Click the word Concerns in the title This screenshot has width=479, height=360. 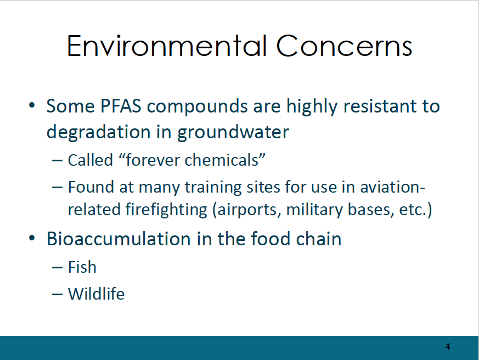click(x=344, y=46)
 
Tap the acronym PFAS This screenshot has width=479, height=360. click(x=121, y=106)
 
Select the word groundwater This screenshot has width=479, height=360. click(x=233, y=132)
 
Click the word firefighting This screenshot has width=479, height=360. click(x=166, y=210)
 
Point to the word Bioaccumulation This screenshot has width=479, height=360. click(x=119, y=239)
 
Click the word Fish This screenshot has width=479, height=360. click(x=82, y=267)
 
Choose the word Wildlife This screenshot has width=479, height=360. click(x=96, y=294)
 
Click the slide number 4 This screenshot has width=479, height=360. click(x=448, y=346)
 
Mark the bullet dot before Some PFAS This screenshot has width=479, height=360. click(x=32, y=105)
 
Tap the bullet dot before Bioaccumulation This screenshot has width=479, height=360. click(x=32, y=238)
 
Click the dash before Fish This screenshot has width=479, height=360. click(x=58, y=267)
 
